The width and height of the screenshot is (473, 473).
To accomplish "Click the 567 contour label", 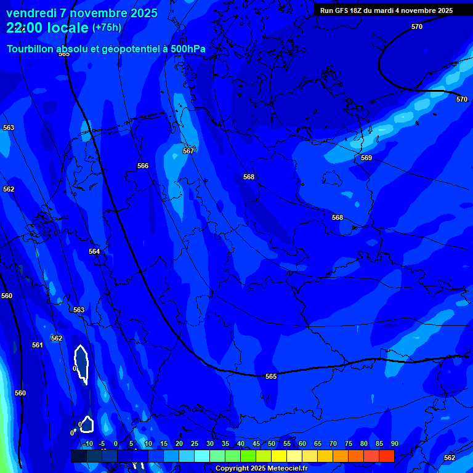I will click(188, 151).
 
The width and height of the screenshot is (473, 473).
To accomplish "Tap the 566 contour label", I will click(143, 166).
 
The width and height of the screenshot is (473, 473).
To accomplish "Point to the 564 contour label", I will click(94, 251).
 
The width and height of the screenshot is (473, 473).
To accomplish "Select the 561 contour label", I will click(38, 345).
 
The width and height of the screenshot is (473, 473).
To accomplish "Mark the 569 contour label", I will click(366, 158).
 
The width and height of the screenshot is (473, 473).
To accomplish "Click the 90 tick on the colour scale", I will click(394, 444).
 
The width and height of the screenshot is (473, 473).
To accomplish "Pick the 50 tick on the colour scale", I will click(272, 444).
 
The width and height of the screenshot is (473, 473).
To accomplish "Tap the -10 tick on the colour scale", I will click(87, 444).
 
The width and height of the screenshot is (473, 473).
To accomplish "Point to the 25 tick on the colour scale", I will click(195, 444).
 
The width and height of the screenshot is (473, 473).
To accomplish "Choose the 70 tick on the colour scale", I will click(333, 444).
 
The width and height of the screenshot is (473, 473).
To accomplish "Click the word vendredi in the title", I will click(31, 13).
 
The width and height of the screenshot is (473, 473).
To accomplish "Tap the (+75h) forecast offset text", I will click(107, 28).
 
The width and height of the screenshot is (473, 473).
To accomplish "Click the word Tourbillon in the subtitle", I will click(31, 49).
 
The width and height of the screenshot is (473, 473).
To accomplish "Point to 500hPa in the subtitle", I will click(187, 49).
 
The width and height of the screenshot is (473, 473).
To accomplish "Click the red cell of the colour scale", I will click(387, 456).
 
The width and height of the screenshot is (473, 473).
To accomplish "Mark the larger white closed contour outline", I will click(81, 365).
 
